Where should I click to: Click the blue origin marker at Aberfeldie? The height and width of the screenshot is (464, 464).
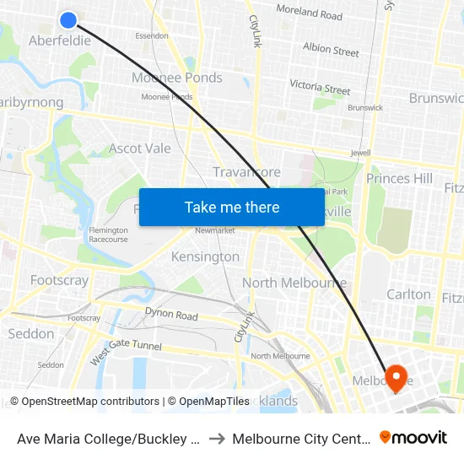(68, 19)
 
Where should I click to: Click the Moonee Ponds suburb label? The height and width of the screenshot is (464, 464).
(176, 78)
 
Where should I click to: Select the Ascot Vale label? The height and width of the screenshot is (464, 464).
(140, 148)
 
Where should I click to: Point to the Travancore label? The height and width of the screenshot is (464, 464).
(246, 172)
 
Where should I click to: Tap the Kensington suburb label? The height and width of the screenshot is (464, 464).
(205, 256)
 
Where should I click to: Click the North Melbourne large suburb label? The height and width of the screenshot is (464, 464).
(294, 283)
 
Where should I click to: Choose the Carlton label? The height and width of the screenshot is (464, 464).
(408, 294)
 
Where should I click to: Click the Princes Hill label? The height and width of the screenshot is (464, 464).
(399, 179)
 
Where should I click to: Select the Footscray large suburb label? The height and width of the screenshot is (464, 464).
(59, 280)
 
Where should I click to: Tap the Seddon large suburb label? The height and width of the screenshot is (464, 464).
(31, 334)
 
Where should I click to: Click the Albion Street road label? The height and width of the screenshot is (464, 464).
(331, 50)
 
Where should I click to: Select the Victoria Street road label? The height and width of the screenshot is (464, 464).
(320, 87)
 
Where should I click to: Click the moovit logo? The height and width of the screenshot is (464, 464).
(413, 437)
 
